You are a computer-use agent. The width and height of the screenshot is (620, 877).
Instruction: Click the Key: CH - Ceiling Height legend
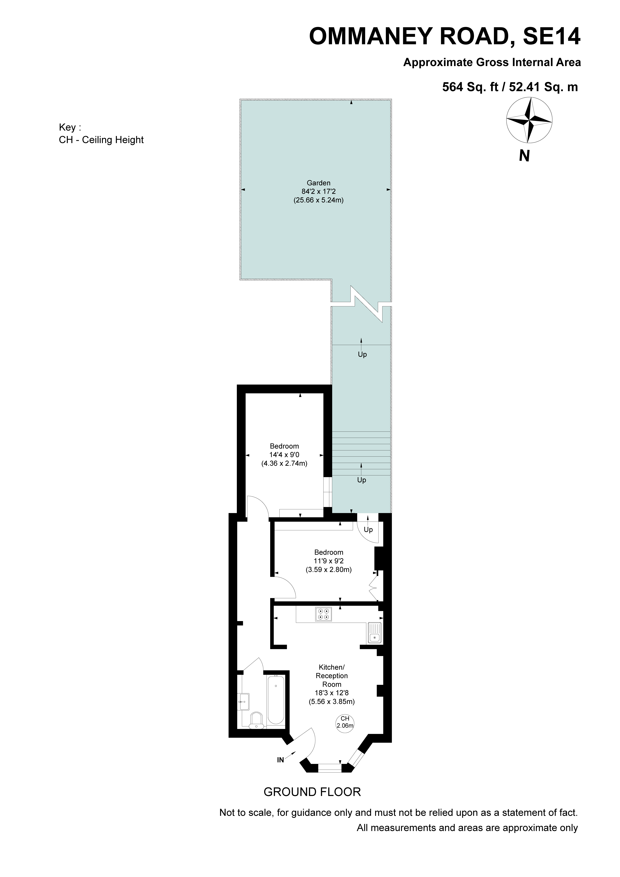tap(101, 134)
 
